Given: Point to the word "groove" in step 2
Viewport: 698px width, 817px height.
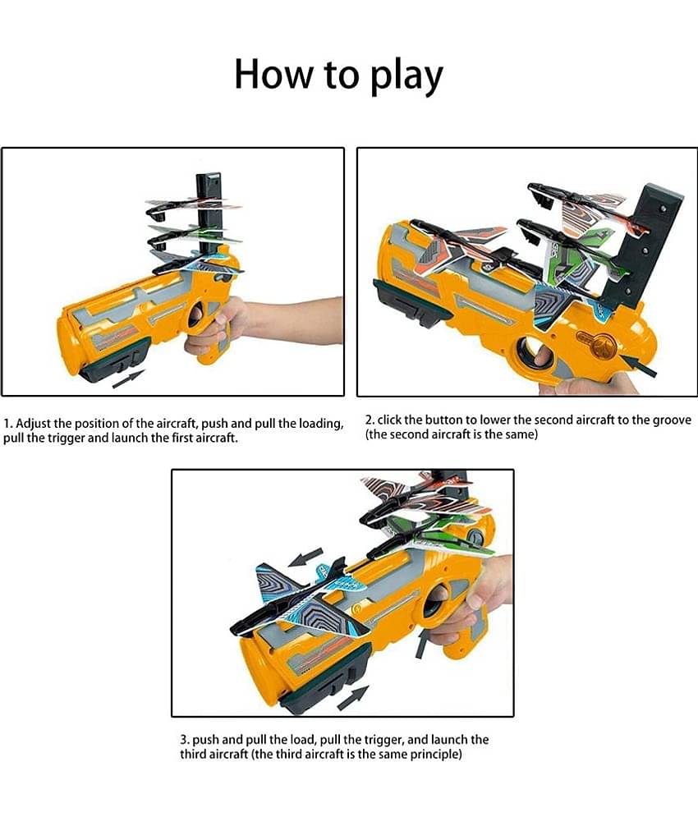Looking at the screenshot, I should (x=669, y=420).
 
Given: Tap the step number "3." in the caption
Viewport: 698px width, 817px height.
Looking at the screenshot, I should (x=185, y=740).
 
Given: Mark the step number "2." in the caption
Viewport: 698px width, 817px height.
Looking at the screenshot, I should (x=370, y=420).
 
